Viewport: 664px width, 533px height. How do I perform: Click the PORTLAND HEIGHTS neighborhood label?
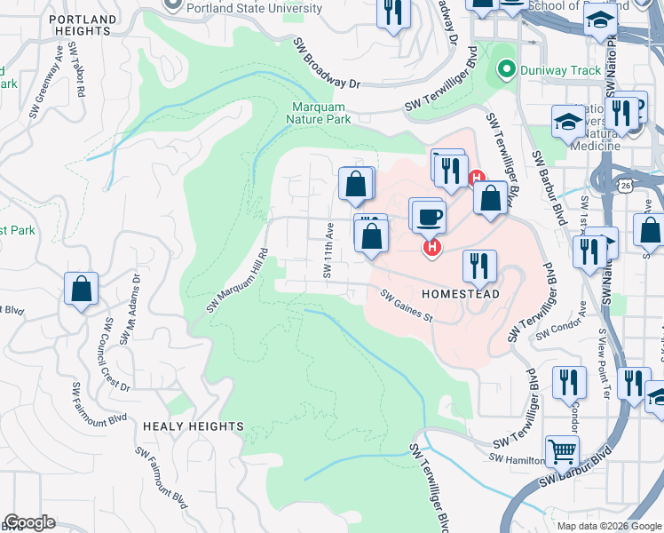click(83, 25)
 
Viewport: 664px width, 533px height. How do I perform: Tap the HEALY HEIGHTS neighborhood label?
click(193, 426)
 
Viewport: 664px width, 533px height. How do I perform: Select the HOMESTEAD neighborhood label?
click(460, 293)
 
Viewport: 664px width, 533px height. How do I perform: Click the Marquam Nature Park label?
click(317, 113)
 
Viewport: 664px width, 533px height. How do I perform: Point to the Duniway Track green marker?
click(507, 67)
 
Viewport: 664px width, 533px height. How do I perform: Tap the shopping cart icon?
click(561, 452)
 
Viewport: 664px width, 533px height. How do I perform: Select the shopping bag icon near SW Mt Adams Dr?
click(81, 289)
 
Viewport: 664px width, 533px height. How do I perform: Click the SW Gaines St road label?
click(406, 306)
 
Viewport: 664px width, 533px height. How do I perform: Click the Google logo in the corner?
click(29, 522)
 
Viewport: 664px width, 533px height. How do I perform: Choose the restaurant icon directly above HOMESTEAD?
click(478, 264)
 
